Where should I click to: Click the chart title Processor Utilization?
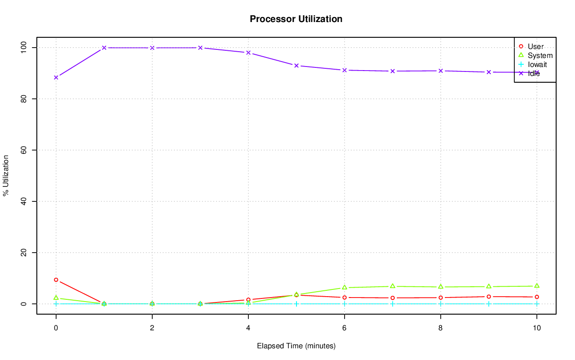click(x=296, y=19)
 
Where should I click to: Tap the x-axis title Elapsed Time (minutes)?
click(x=296, y=346)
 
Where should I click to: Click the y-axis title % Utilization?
click(x=6, y=175)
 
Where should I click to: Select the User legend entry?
click(x=535, y=47)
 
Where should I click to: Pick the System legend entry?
click(x=540, y=56)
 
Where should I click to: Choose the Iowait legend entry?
click(x=537, y=65)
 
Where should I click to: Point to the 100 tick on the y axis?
click(x=24, y=47)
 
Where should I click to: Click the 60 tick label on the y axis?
click(x=24, y=150)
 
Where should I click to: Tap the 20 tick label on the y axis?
click(x=24, y=253)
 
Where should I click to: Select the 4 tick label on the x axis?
click(x=248, y=328)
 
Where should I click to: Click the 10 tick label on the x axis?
click(x=536, y=328)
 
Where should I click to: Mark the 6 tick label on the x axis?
click(x=344, y=328)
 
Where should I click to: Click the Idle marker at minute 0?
click(x=56, y=77)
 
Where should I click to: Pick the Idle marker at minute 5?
click(x=296, y=66)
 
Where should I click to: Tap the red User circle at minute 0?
click(x=56, y=280)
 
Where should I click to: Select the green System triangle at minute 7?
click(x=393, y=286)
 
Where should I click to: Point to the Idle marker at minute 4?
click(x=248, y=53)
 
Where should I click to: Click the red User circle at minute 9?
click(x=488, y=297)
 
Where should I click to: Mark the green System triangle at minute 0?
click(x=56, y=298)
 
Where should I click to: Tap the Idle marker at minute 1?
click(x=104, y=48)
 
